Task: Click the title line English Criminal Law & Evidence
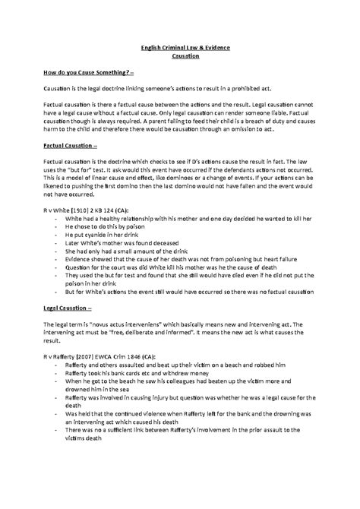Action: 180,49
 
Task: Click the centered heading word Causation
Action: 180,57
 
